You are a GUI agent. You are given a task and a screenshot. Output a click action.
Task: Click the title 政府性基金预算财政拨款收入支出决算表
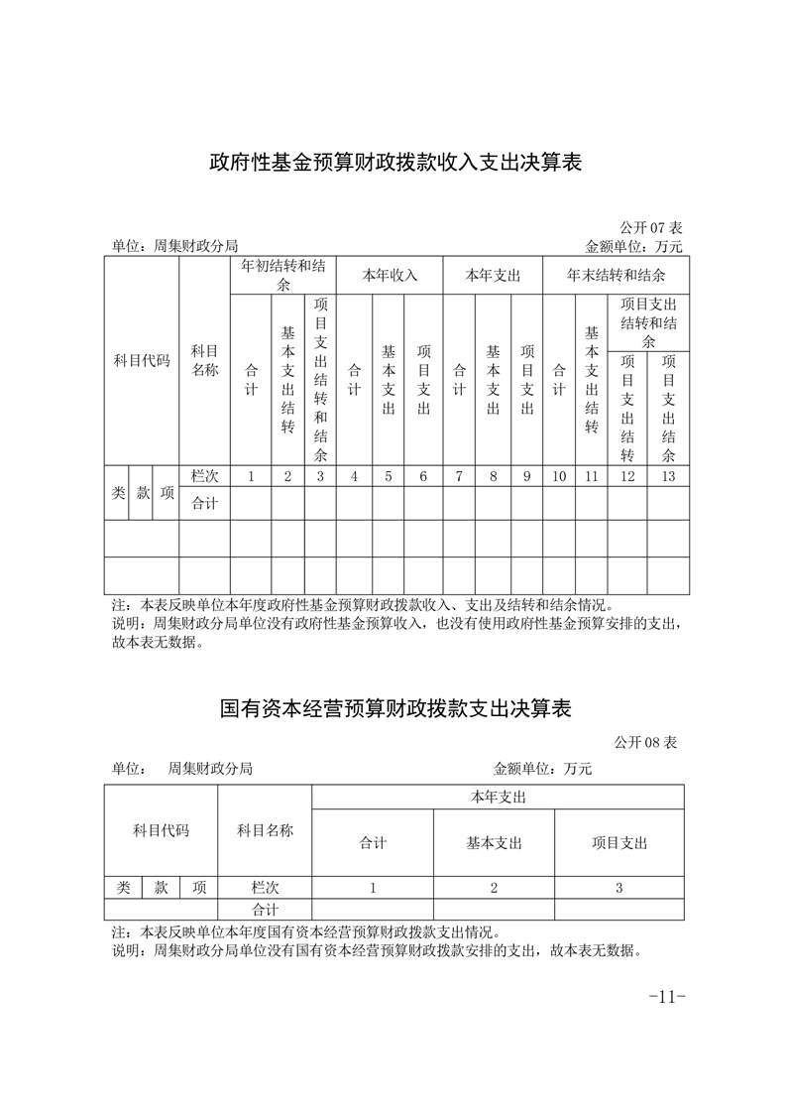coord(394,163)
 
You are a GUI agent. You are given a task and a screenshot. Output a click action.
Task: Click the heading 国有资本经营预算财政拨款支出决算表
coord(394,710)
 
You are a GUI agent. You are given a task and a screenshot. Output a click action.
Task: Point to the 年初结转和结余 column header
coord(282,275)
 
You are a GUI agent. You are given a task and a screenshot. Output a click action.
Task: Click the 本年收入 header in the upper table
coord(389,275)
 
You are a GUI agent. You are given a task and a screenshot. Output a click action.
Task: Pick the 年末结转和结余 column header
coord(616,275)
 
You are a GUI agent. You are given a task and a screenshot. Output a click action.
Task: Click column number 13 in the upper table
coord(668,476)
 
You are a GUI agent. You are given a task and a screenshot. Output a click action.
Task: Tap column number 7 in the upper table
coord(459,476)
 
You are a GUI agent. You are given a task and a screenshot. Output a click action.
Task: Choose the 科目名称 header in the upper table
coord(204,360)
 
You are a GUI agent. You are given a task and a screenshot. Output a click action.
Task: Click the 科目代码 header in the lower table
coord(161,830)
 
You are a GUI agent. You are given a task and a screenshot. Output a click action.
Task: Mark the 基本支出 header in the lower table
coord(494,843)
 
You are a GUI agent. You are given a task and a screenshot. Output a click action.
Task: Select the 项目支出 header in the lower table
coord(618,843)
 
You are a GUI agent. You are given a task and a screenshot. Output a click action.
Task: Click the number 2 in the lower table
coord(494,888)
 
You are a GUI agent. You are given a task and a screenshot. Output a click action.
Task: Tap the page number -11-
coord(666,997)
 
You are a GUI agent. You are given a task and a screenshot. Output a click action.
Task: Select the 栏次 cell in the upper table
coord(204,476)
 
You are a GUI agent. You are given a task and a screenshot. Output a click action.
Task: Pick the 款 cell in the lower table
coord(161,888)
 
